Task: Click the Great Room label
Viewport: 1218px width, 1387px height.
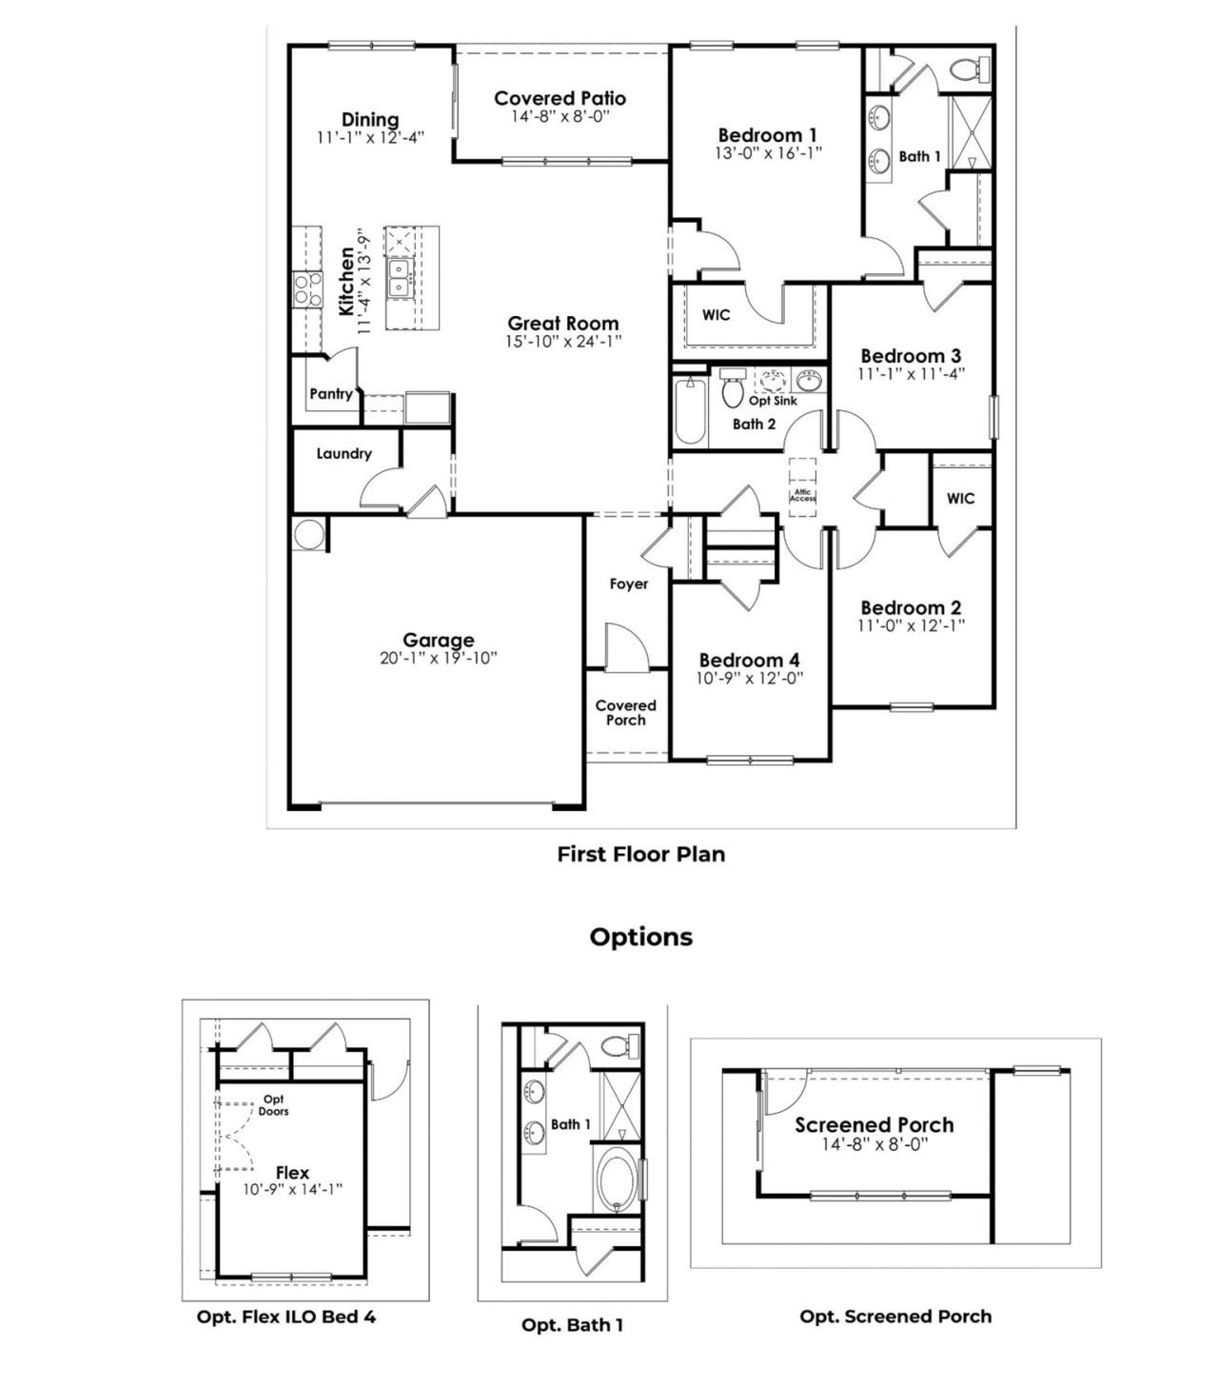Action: (562, 324)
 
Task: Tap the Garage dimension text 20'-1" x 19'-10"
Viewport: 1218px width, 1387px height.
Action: (438, 658)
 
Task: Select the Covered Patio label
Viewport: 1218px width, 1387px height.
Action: (560, 98)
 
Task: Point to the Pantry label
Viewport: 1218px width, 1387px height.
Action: (330, 393)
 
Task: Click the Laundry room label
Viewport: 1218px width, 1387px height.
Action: (344, 454)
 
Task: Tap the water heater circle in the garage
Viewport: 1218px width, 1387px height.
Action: (308, 534)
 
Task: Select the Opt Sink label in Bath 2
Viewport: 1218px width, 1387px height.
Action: (773, 401)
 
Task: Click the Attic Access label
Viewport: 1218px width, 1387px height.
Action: (802, 495)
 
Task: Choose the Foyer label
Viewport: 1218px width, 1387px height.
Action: (628, 584)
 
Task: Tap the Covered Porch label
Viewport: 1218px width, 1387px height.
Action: (625, 712)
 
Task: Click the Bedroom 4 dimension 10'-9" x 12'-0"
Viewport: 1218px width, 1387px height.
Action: (749, 678)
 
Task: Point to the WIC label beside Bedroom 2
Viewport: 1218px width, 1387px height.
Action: (960, 498)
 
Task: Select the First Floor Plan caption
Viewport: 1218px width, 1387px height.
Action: (640, 854)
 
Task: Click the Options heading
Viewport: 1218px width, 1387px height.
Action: (640, 937)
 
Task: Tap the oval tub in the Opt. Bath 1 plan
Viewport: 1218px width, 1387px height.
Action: (618, 1179)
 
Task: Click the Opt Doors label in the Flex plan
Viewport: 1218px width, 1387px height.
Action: (273, 1105)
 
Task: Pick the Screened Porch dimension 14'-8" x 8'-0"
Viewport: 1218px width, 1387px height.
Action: (874, 1144)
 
